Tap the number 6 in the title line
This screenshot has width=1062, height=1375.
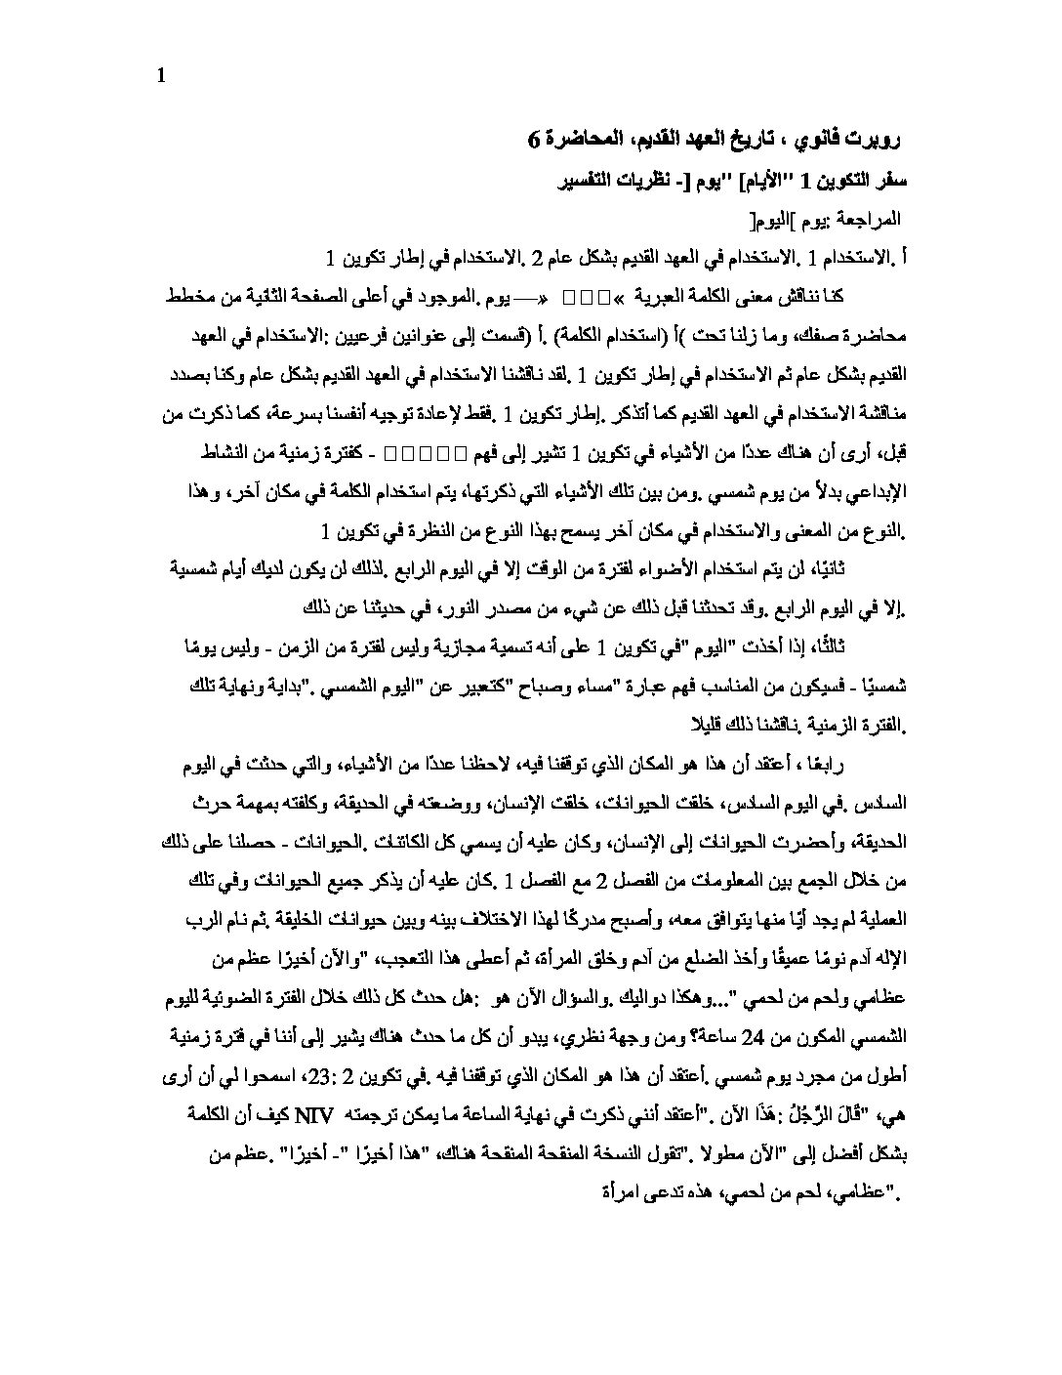pyautogui.click(x=534, y=140)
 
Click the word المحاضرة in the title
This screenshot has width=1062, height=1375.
pyautogui.click(x=583, y=140)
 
